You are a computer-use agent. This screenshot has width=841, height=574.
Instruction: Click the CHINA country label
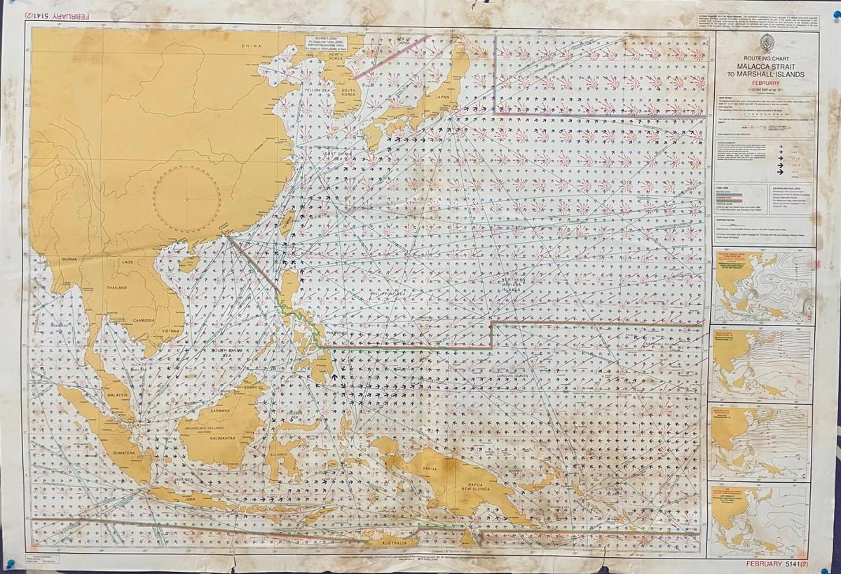[251, 46]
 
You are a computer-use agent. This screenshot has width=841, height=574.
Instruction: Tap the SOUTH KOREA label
[349, 91]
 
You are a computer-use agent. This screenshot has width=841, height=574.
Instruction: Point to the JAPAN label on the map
[442, 98]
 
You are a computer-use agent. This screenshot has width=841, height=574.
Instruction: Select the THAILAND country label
[116, 288]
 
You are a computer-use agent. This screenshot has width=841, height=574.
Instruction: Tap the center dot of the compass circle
[187, 199]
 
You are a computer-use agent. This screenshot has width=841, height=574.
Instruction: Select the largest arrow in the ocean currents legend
[780, 170]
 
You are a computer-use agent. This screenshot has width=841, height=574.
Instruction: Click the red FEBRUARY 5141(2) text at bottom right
[779, 563]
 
